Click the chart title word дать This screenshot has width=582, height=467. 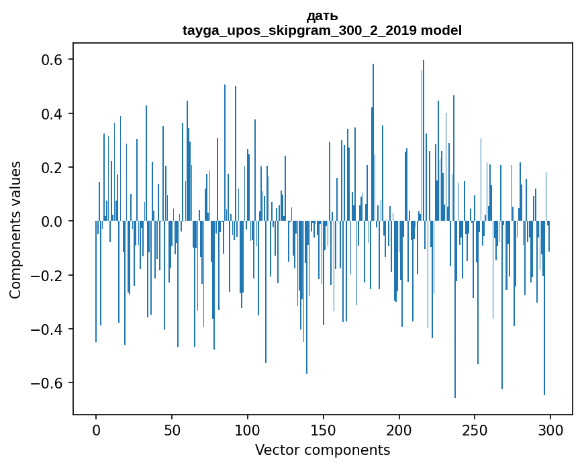(322, 16)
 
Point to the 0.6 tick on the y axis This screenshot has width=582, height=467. (53, 60)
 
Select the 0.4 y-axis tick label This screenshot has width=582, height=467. (53, 113)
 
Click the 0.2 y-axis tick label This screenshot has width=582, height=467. (53, 167)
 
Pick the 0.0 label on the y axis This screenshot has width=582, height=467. (53, 221)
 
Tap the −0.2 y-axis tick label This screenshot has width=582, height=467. (49, 275)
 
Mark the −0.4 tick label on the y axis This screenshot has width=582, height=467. (49, 329)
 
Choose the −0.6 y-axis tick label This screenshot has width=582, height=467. (49, 383)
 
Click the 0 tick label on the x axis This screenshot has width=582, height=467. (96, 429)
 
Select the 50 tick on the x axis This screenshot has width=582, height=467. (172, 429)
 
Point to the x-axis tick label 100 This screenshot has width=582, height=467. (248, 429)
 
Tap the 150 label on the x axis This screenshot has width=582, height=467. (324, 429)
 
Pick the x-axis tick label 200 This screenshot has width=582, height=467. (399, 429)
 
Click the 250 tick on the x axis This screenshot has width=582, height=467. (475, 429)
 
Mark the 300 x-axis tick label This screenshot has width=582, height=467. (551, 429)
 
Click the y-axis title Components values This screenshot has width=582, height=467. (15, 229)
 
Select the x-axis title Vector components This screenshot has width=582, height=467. (322, 450)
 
